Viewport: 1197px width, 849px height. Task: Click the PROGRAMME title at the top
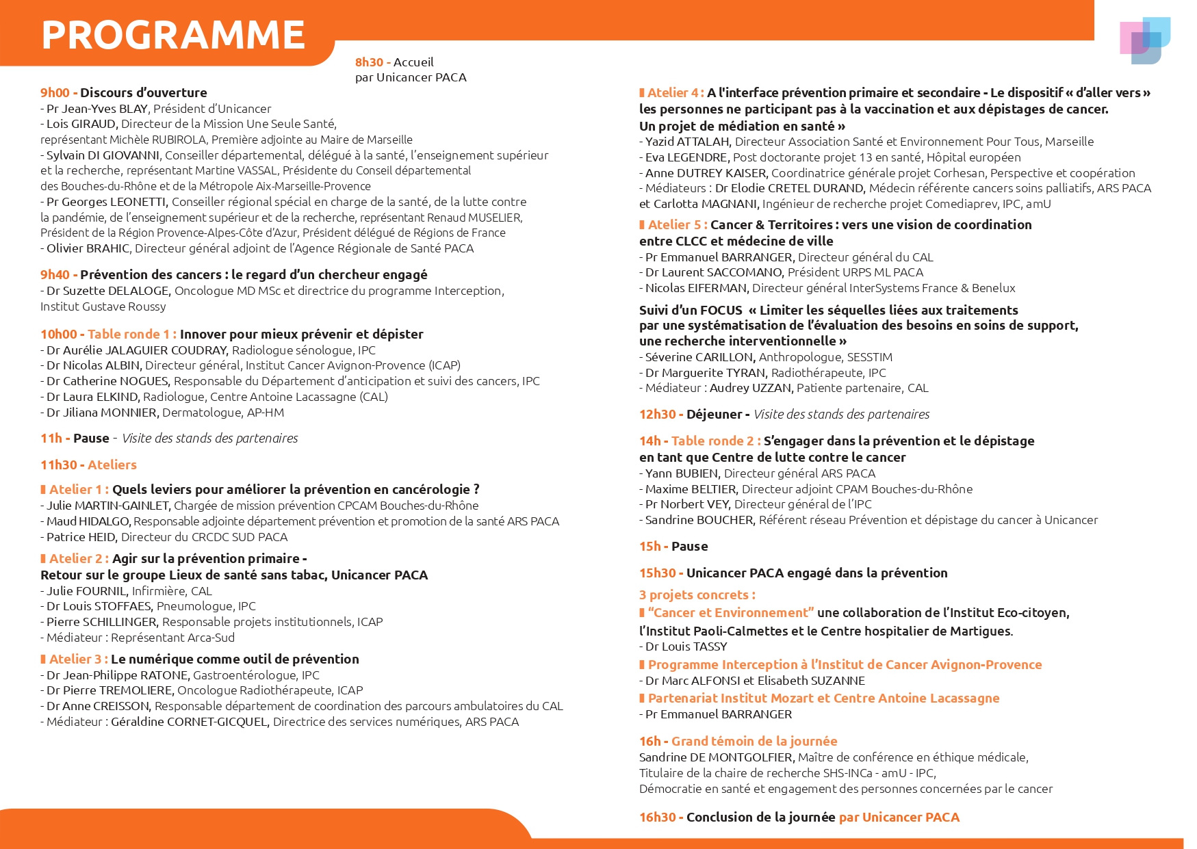coord(173,35)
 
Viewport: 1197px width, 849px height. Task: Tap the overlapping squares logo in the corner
coord(1144,40)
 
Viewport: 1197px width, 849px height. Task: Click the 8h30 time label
coord(369,62)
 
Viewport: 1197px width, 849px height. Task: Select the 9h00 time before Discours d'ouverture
coord(55,93)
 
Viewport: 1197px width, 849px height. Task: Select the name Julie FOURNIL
coord(86,591)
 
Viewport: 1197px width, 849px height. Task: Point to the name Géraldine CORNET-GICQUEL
coord(189,722)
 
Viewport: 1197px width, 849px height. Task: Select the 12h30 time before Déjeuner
coord(657,415)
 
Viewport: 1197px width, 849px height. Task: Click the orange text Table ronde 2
coord(712,441)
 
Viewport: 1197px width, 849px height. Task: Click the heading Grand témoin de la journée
coord(754,742)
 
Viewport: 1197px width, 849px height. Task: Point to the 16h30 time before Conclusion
coord(657,818)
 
